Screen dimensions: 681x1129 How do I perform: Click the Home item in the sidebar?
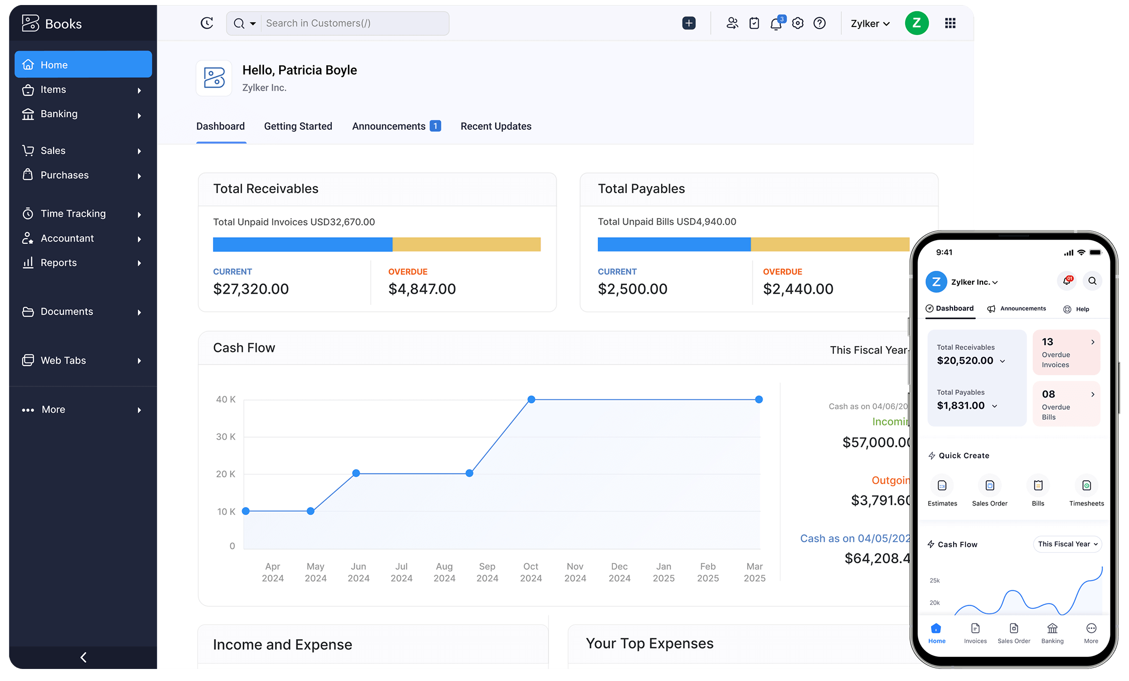(83, 65)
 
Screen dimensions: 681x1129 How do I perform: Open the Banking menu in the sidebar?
(59, 114)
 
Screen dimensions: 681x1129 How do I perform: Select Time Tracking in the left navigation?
(73, 214)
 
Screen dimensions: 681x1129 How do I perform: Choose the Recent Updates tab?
(496, 126)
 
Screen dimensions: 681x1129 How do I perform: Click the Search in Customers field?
(354, 24)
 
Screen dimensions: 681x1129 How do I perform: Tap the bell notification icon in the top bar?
(776, 24)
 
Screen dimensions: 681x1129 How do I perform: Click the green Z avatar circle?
(917, 24)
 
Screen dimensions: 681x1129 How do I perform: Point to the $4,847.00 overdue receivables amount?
(422, 289)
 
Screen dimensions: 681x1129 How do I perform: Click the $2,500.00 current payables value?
(632, 289)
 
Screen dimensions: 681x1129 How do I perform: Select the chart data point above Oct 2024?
(531, 400)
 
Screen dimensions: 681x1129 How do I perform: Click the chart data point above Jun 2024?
(356, 473)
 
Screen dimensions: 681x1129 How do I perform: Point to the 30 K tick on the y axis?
(225, 437)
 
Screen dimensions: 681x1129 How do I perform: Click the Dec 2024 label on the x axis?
(619, 572)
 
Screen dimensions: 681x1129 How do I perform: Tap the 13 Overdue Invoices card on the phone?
(1066, 352)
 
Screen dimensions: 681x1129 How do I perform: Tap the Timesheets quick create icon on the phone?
(1086, 486)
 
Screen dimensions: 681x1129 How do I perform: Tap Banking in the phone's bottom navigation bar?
(1052, 633)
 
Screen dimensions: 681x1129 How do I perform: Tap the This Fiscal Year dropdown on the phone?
(1067, 544)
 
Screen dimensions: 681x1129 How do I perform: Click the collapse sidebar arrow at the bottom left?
(84, 657)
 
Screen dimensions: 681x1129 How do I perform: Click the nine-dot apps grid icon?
(950, 24)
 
